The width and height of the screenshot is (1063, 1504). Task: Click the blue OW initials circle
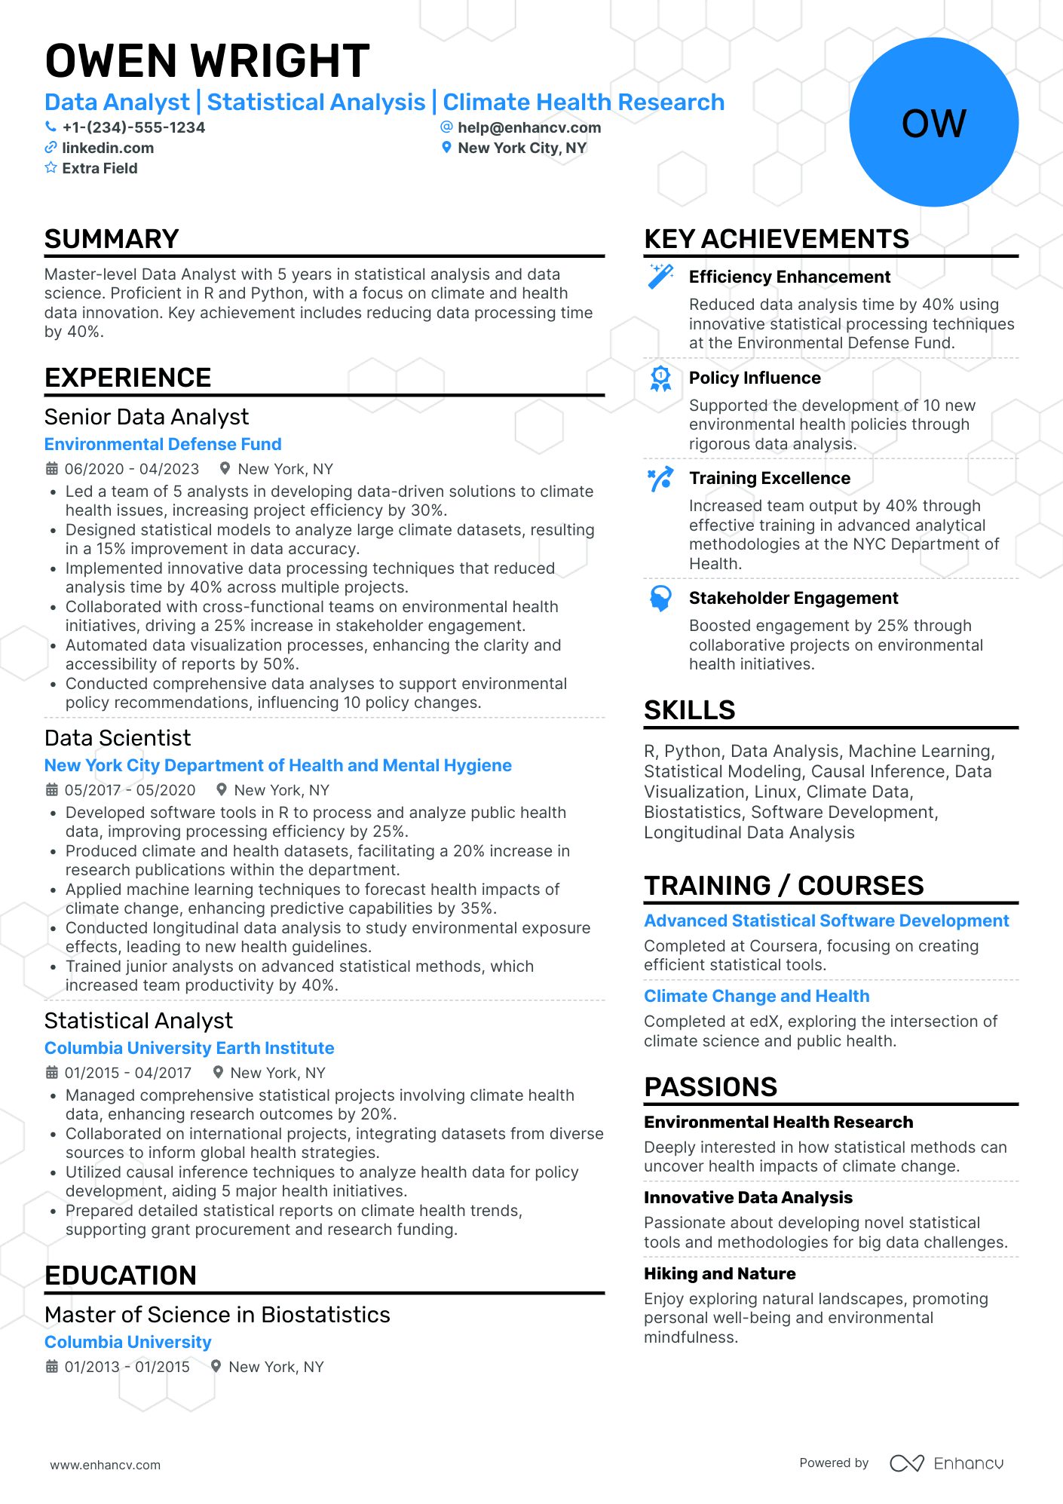point(933,123)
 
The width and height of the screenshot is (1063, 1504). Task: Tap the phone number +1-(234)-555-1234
point(133,127)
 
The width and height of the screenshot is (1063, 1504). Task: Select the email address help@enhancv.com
point(529,127)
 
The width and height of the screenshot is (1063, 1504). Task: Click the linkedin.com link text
point(108,148)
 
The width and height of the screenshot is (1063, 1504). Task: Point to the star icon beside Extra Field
point(51,168)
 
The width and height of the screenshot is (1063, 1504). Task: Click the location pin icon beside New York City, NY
point(446,148)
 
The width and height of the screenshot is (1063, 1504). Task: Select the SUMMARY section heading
point(112,239)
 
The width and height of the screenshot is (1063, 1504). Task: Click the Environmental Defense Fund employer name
point(163,444)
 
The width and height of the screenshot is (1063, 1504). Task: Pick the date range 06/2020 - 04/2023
point(132,469)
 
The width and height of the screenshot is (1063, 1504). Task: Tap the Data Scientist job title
point(118,738)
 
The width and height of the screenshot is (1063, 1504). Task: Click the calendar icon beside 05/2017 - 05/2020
point(52,790)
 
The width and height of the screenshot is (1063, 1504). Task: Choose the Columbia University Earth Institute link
point(189,1048)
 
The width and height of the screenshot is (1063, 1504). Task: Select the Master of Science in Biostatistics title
point(217,1315)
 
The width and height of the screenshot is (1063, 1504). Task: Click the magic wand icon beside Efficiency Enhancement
point(661,276)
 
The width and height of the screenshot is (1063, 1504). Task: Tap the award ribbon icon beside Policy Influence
point(661,378)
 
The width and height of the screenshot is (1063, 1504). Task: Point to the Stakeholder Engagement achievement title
point(793,598)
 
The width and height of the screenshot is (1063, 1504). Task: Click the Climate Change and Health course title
point(756,996)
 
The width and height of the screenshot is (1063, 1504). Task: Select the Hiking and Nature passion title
point(719,1273)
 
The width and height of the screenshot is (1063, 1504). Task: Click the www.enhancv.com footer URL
point(106,1465)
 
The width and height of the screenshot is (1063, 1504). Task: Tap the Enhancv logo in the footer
point(946,1463)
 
